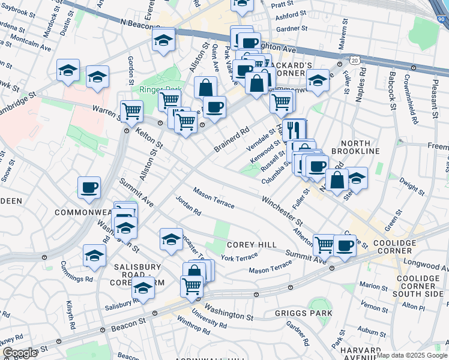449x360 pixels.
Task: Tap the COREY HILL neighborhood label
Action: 252,245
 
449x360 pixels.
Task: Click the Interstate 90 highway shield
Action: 442,20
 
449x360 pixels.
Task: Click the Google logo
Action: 20,353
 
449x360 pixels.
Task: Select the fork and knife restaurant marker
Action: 294,129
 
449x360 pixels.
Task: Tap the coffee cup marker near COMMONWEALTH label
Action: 89,187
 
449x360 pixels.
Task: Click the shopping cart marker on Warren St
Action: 131,110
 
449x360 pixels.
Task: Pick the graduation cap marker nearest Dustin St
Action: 68,70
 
